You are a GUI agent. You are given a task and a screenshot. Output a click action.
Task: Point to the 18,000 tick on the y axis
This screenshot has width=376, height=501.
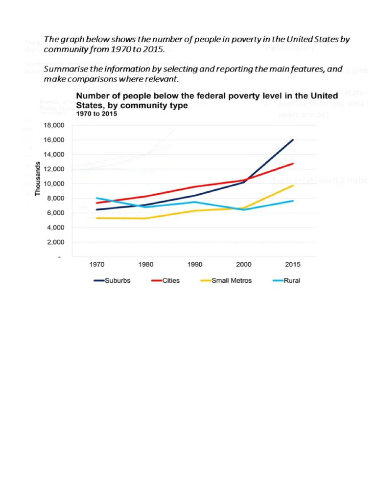(x=54, y=125)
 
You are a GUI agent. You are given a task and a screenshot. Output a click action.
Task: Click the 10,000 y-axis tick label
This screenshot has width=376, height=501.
(x=54, y=184)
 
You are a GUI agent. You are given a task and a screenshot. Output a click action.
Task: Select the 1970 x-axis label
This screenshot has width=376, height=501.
(x=96, y=265)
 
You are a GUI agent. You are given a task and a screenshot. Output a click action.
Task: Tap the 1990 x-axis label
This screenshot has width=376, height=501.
(x=195, y=265)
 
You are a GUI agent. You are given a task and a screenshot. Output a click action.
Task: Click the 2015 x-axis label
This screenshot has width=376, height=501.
(x=293, y=265)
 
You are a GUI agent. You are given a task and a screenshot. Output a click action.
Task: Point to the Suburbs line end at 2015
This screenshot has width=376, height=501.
(x=293, y=140)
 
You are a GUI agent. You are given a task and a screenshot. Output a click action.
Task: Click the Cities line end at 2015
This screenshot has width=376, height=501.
(x=293, y=163)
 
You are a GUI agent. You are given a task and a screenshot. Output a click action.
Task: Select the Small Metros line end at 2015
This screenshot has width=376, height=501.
(x=293, y=185)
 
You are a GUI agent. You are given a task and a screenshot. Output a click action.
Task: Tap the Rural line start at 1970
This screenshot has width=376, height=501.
(x=96, y=198)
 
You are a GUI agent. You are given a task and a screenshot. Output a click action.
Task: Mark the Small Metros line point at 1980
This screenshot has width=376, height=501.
(x=145, y=218)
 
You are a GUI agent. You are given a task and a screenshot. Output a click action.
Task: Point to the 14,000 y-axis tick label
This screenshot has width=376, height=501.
(x=54, y=155)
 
